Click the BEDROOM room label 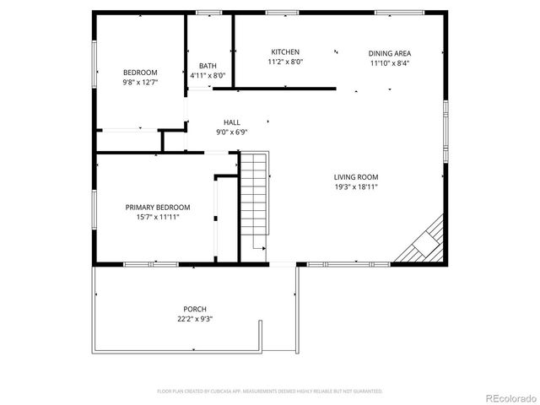(x=140, y=73)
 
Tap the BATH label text (x=208, y=66)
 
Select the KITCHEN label (x=285, y=52)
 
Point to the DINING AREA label (x=390, y=53)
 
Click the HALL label (x=232, y=122)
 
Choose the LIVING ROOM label (x=355, y=177)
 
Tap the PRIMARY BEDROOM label (x=158, y=207)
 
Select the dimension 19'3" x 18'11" (x=355, y=187)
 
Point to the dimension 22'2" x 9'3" (x=195, y=319)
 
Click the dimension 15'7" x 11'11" (x=158, y=217)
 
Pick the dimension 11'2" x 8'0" (x=285, y=62)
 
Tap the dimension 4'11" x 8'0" (x=208, y=76)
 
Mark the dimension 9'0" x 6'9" (x=232, y=132)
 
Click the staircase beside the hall (x=254, y=202)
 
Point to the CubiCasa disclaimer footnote (x=270, y=391)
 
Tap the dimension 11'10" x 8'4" (x=390, y=63)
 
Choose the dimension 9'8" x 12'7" (x=140, y=83)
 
